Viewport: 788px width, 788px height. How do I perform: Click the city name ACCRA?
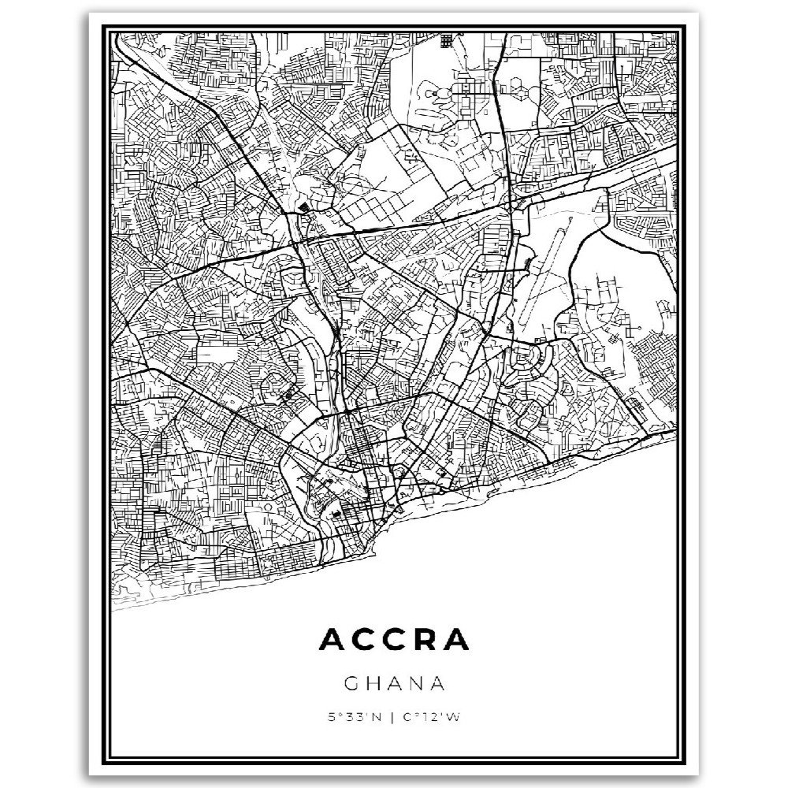pos(394,641)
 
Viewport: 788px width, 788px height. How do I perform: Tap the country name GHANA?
pos(394,680)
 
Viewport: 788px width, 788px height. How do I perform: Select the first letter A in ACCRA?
pos(332,641)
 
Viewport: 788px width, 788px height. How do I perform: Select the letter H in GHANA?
pos(374,680)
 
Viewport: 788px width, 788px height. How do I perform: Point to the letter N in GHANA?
pos(415,680)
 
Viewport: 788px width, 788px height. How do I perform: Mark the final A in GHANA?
pos(437,680)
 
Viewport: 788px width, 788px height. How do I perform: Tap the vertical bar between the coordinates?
pos(393,717)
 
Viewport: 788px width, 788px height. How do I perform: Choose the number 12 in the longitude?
pos(426,717)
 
